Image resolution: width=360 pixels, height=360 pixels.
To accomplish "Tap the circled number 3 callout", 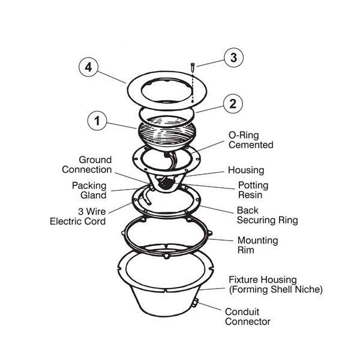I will click(x=233, y=58).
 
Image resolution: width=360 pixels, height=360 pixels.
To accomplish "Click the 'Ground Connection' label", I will click(x=87, y=164).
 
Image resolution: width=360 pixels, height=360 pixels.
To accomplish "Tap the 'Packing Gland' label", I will click(x=89, y=190).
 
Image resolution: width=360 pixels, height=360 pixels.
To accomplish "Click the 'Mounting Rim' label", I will click(x=257, y=245).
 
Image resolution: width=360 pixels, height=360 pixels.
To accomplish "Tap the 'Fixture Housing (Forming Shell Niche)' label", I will click(x=275, y=285).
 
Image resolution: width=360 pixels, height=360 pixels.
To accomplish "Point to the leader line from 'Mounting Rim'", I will click(x=223, y=239).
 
